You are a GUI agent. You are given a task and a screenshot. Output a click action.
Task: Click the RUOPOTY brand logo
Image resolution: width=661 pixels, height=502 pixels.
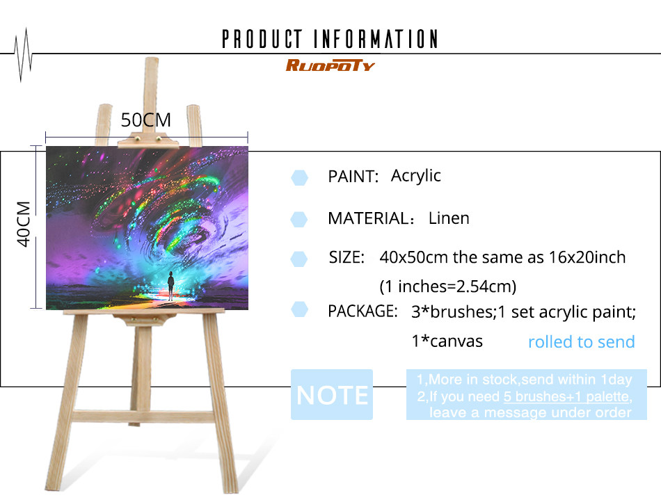click(330, 65)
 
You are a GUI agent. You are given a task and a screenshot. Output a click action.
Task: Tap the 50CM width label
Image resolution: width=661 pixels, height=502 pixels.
click(146, 120)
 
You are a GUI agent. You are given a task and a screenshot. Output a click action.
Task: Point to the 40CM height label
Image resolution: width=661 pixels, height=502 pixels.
click(24, 224)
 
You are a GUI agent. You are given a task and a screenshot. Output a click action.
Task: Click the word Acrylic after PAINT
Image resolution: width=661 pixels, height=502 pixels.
click(415, 176)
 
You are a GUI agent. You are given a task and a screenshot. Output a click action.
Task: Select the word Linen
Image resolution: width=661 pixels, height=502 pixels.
click(449, 218)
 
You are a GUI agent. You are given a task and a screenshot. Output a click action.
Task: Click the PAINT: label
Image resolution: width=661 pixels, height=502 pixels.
click(353, 177)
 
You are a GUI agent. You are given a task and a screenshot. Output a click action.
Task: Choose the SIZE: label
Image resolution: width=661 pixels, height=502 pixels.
click(347, 257)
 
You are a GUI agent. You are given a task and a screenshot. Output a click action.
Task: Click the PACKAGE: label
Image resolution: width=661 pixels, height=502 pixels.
click(363, 311)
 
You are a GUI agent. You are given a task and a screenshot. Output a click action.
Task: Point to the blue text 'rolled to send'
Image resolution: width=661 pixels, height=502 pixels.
click(581, 342)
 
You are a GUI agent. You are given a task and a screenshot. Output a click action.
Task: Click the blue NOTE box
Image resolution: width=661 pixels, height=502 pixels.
click(332, 395)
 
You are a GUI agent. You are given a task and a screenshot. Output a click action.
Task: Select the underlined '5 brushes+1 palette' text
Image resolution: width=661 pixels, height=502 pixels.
click(566, 396)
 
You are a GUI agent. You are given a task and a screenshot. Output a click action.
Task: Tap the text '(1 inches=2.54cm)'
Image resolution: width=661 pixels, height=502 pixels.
click(447, 286)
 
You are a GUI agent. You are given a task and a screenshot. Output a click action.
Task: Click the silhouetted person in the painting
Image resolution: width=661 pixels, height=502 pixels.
click(170, 285)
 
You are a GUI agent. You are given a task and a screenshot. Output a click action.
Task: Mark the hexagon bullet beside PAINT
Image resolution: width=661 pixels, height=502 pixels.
click(299, 177)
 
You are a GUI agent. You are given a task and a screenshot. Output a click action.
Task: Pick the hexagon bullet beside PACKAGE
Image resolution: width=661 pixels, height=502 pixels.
click(299, 309)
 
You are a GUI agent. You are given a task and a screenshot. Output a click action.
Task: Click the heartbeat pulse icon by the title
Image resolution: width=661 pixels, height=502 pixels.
click(23, 54)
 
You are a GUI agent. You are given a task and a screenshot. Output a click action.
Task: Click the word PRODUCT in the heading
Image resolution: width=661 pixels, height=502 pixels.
click(262, 39)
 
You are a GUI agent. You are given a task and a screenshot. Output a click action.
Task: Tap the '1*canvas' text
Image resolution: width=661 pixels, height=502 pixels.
click(447, 341)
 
